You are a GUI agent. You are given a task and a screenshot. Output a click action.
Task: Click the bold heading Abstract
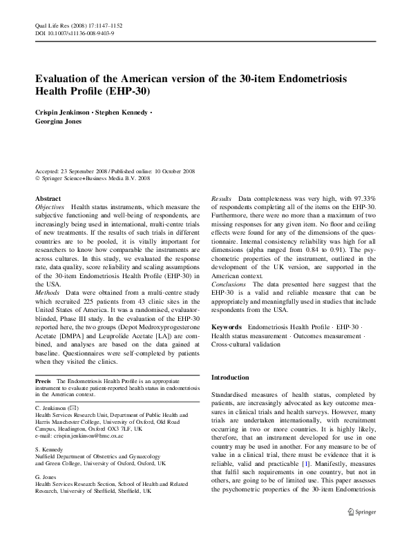(48, 198)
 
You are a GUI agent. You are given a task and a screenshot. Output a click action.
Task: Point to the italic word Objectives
(50, 207)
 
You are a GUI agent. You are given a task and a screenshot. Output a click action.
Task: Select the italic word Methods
(47, 274)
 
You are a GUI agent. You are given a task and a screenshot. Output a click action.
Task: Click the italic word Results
(222, 198)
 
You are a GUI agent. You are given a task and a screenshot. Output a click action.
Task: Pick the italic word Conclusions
(229, 283)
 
